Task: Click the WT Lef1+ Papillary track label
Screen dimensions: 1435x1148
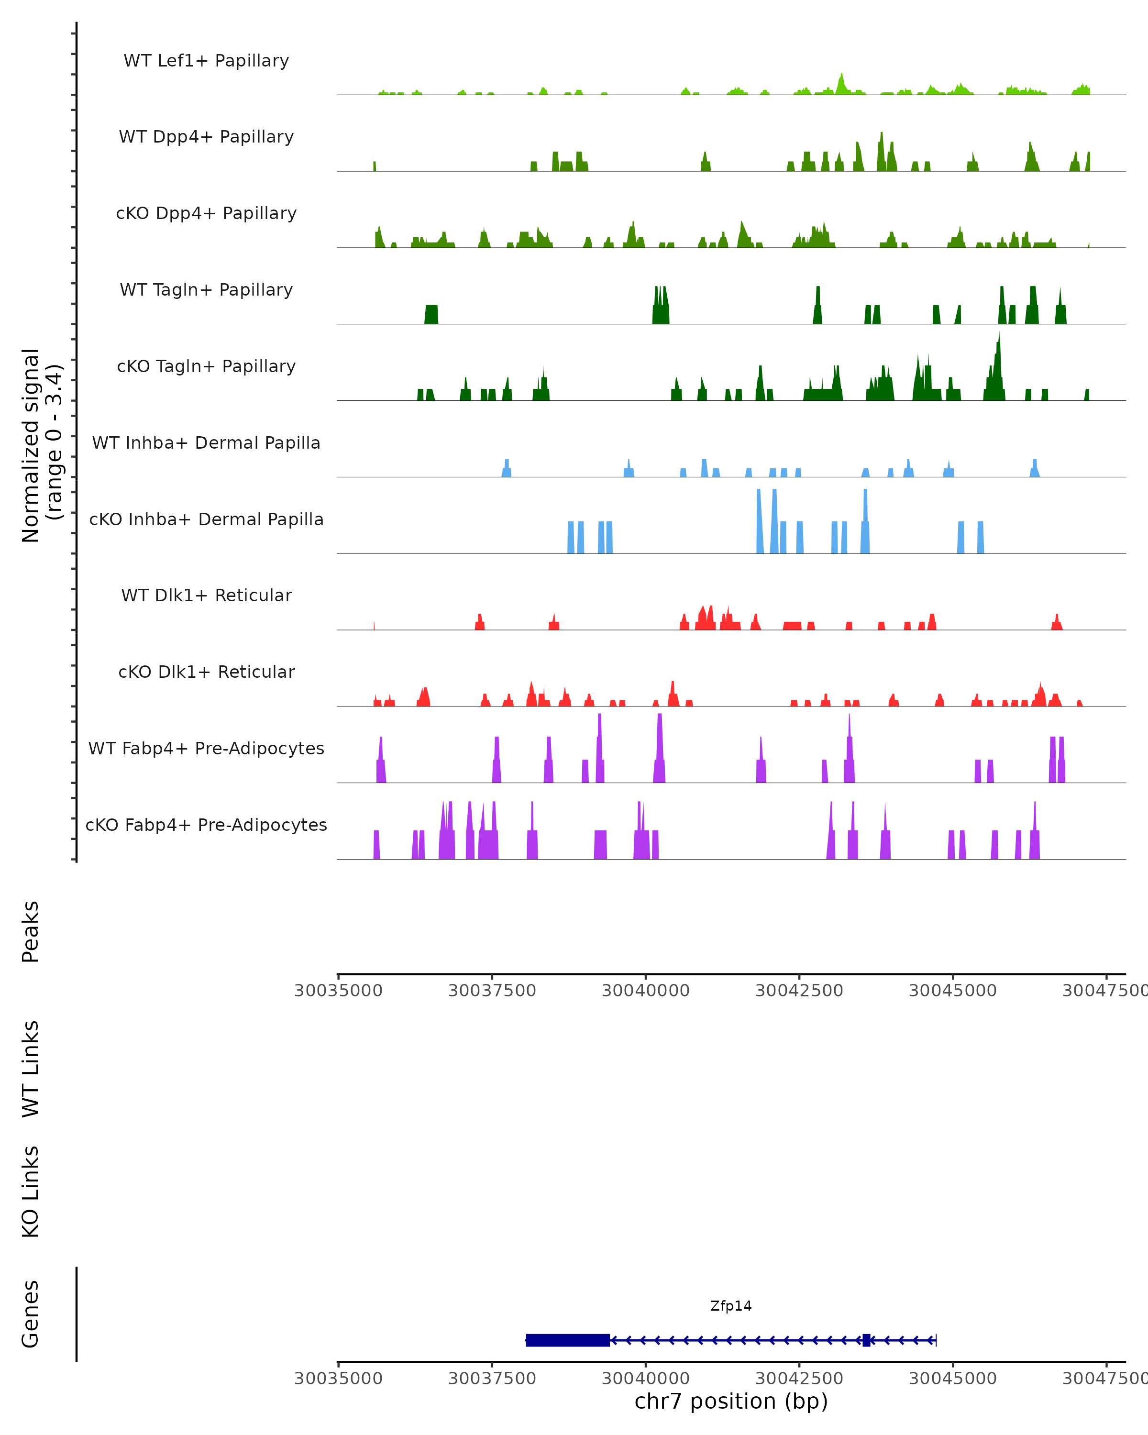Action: tap(206, 61)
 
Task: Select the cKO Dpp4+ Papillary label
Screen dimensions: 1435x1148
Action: tap(206, 214)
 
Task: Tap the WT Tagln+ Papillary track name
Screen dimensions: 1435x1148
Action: tap(206, 290)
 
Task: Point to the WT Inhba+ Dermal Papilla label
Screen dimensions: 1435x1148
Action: tap(206, 443)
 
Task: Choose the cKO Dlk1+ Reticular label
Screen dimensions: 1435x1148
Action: tap(206, 672)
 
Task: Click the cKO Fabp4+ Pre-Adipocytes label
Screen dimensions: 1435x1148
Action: tap(206, 825)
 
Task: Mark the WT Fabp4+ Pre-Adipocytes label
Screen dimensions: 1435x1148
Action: tap(206, 749)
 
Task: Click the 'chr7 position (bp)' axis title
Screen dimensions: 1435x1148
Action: tap(731, 1402)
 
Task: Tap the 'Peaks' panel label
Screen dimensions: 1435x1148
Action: tap(31, 931)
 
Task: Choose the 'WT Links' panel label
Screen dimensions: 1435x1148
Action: tap(31, 1068)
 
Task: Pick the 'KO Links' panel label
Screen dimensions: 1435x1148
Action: tap(31, 1192)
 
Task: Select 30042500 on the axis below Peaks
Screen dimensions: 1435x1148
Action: tap(799, 991)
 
